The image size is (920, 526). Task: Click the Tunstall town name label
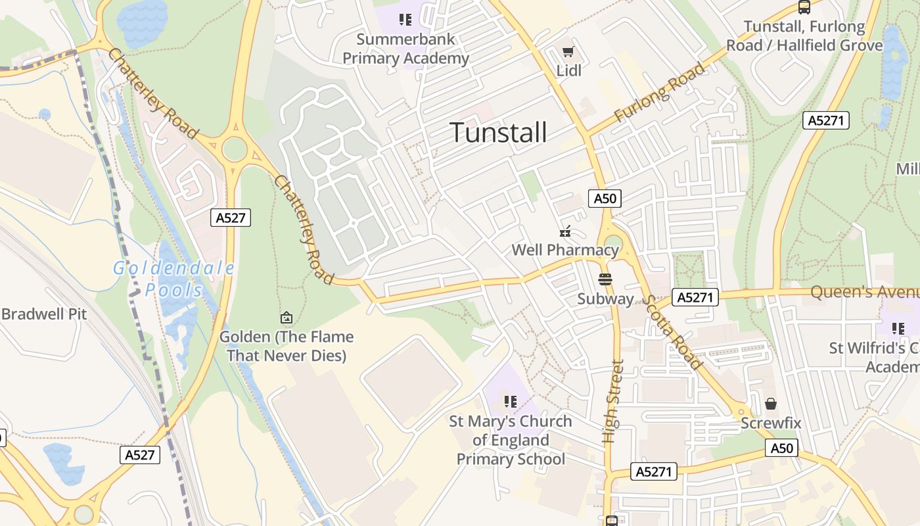coord(498,133)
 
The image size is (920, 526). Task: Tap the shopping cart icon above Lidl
coord(568,51)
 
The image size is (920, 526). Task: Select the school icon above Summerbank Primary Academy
coord(405,20)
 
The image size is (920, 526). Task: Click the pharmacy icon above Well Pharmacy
coord(565,231)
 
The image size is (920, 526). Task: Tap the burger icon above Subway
coord(605,279)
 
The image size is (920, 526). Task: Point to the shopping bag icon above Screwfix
coord(771,403)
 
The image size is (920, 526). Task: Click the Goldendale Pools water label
coord(173,279)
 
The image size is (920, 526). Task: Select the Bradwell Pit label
coord(43,314)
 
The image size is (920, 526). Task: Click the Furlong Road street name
coord(659,93)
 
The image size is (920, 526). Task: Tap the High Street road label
coord(612,401)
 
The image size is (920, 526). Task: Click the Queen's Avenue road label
coord(864,292)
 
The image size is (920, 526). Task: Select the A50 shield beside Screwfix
coord(781,448)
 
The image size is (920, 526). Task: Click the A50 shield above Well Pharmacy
coord(605,199)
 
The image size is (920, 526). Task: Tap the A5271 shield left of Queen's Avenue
coord(695,297)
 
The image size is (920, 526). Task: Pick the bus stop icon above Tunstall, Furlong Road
coord(804,7)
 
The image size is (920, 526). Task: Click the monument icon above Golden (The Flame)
coord(286,318)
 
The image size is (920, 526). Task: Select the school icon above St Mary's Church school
coord(510,401)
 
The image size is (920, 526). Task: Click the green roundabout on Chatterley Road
coord(235,149)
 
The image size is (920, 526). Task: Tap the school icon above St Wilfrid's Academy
coord(898,328)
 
